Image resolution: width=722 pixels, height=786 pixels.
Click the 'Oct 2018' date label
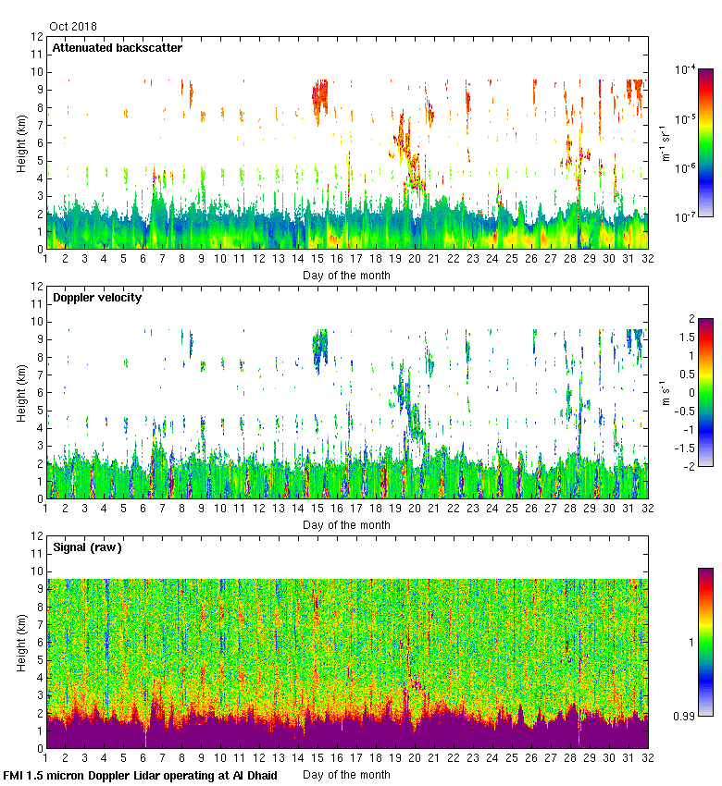[x=72, y=27]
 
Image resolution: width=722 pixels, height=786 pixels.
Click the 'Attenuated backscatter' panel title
[x=117, y=48]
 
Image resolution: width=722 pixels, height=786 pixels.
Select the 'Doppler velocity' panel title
[x=96, y=298]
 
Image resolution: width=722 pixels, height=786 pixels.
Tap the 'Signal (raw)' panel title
[x=87, y=547]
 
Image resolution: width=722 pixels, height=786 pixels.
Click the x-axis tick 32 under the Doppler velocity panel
[x=648, y=510]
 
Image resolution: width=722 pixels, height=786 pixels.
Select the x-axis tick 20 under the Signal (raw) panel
[x=415, y=760]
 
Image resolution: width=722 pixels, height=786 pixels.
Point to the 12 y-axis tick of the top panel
[x=37, y=37]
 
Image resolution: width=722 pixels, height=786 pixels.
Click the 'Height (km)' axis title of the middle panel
[x=21, y=392]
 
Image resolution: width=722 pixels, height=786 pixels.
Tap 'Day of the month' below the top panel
[x=346, y=275]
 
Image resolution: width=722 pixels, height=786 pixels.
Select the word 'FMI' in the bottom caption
[x=14, y=775]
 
